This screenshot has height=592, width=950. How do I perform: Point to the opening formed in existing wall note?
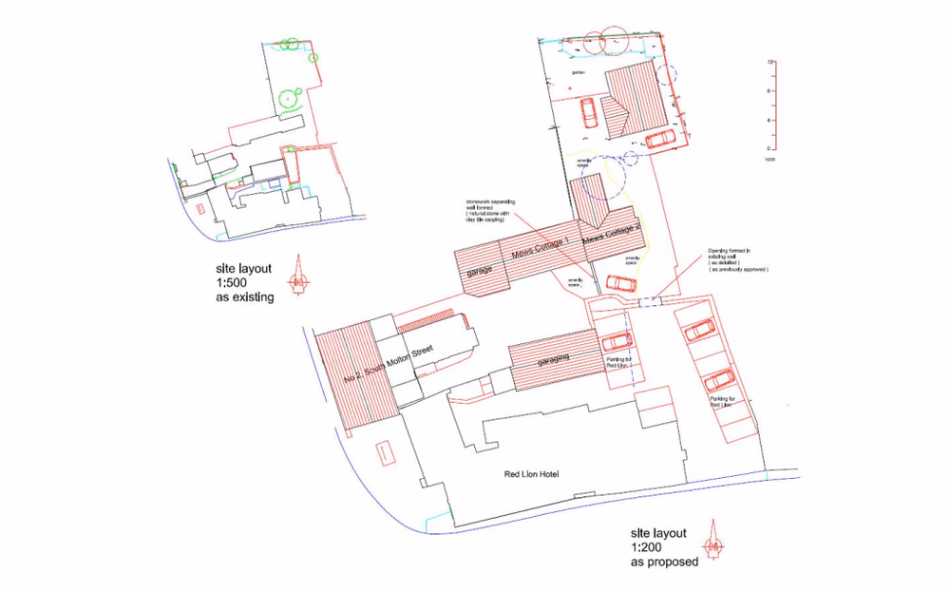tap(736, 260)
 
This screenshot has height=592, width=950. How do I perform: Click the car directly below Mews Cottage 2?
tap(621, 282)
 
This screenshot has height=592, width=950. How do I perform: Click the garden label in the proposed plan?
tap(577, 72)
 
